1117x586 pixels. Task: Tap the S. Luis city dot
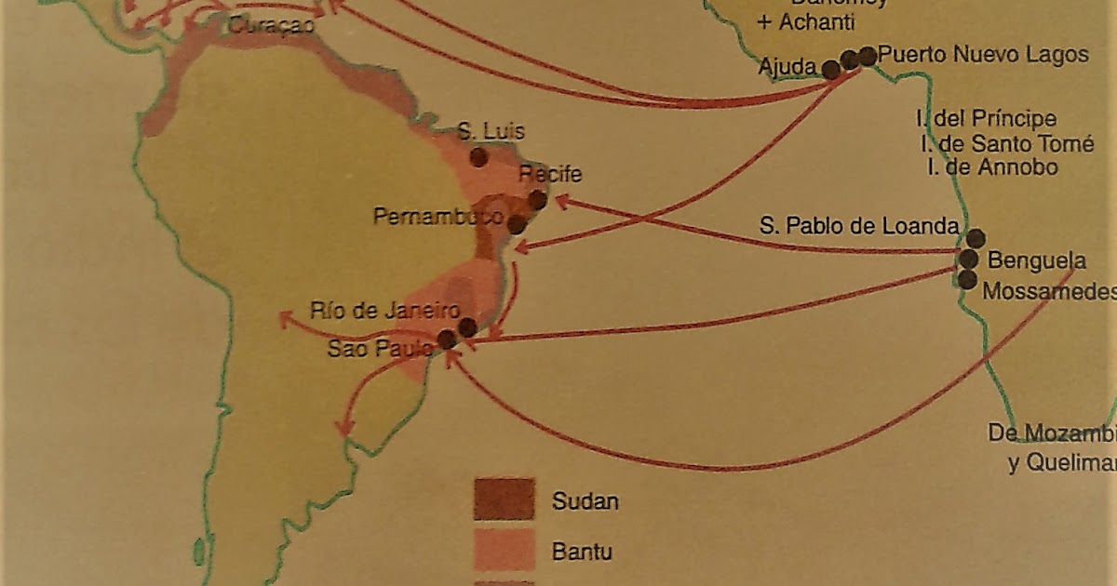coord(478,157)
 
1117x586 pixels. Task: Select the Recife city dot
coord(537,199)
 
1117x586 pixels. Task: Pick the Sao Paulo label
coord(381,350)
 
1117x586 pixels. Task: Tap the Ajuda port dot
coord(830,69)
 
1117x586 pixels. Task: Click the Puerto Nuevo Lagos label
coord(983,55)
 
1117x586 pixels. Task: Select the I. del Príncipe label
coord(987,119)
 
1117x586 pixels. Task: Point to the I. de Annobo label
coord(993,167)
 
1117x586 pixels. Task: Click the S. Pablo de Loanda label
coord(859,226)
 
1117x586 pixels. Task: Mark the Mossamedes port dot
coord(967,279)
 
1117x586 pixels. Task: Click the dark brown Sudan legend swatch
coord(504,499)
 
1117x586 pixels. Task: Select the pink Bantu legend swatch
coord(504,551)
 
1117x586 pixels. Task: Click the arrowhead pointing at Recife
coord(561,201)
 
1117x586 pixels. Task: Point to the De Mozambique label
coord(1052,434)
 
